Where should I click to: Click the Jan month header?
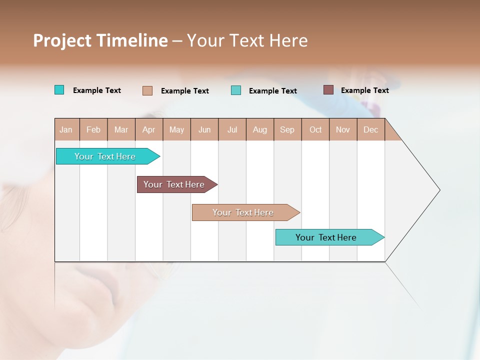pyautogui.click(x=66, y=129)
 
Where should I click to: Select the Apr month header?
pyautogui.click(x=148, y=129)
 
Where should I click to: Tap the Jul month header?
pyautogui.click(x=232, y=129)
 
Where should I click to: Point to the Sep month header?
pyautogui.click(x=287, y=129)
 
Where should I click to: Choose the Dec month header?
pyautogui.click(x=370, y=129)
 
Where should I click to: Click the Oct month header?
pyautogui.click(x=315, y=129)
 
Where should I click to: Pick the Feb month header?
pyautogui.click(x=93, y=129)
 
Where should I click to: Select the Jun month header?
pyautogui.click(x=204, y=129)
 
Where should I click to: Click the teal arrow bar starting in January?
pyautogui.click(x=105, y=156)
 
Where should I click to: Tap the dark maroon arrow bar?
pyautogui.click(x=174, y=184)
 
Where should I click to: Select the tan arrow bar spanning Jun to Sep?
pyautogui.click(x=243, y=212)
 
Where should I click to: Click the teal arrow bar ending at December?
pyautogui.click(x=326, y=237)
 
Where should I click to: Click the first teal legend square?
pyautogui.click(x=59, y=90)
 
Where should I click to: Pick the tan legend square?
pyautogui.click(x=147, y=90)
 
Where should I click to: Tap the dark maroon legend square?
pyautogui.click(x=328, y=90)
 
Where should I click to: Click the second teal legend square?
pyautogui.click(x=236, y=90)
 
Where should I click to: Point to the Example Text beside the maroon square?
pyautogui.click(x=364, y=90)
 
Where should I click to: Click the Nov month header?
pyautogui.click(x=343, y=129)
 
